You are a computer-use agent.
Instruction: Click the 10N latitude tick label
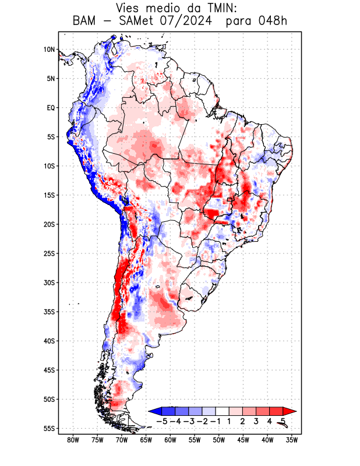point(49,50)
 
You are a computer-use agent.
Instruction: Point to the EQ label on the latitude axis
point(50,108)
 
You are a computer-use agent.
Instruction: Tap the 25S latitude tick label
point(49,253)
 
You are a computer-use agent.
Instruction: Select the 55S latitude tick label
point(49,429)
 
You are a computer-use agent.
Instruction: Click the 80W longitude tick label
point(73,440)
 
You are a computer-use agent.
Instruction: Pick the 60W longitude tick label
point(170,440)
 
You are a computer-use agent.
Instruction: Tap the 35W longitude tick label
point(292,440)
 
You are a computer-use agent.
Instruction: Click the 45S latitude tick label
point(49,370)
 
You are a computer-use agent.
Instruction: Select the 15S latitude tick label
point(49,195)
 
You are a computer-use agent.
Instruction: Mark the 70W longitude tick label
point(122,440)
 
